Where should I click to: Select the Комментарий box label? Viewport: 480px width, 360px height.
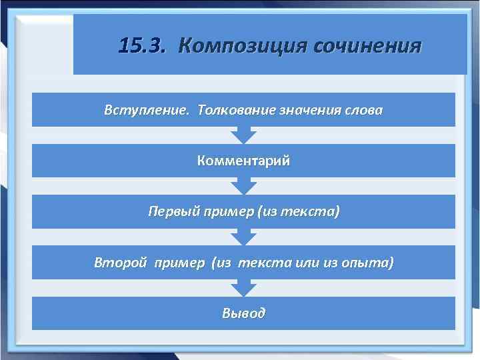tap(243, 161)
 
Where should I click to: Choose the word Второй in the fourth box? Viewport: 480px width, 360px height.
tap(120, 263)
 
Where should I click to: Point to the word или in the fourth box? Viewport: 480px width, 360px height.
tap(307, 263)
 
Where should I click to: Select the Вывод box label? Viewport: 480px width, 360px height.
tap(243, 313)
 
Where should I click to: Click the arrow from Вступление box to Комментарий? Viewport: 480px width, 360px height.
tap(243, 135)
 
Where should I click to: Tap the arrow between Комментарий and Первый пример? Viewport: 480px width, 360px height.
tap(243, 186)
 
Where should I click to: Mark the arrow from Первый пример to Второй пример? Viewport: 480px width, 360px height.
tap(243, 237)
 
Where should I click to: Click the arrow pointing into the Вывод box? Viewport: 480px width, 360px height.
tap(243, 288)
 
